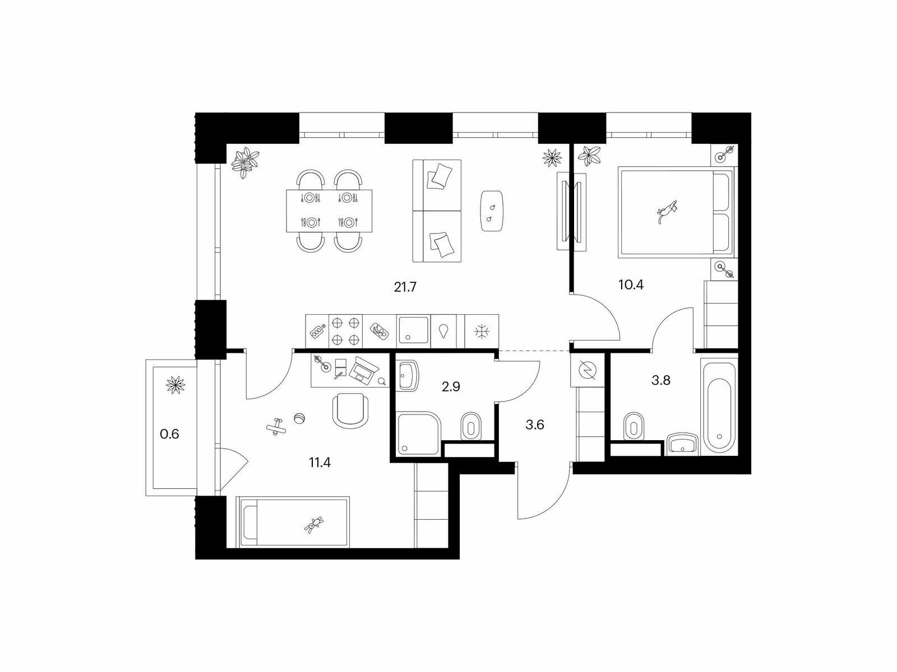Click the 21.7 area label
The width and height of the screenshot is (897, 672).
(405, 287)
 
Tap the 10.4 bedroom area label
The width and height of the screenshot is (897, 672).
(631, 285)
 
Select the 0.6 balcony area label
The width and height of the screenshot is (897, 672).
(169, 434)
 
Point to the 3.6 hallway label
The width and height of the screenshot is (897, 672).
(534, 425)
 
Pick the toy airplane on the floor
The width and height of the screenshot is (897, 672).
(276, 427)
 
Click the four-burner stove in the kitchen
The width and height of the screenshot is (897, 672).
(346, 331)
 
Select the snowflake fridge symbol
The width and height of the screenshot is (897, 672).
(482, 332)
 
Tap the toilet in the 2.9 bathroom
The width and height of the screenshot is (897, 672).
(471, 426)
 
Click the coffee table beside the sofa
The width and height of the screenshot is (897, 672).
(492, 211)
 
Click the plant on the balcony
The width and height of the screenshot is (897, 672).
(175, 385)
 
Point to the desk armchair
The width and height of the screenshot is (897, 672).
(351, 410)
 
